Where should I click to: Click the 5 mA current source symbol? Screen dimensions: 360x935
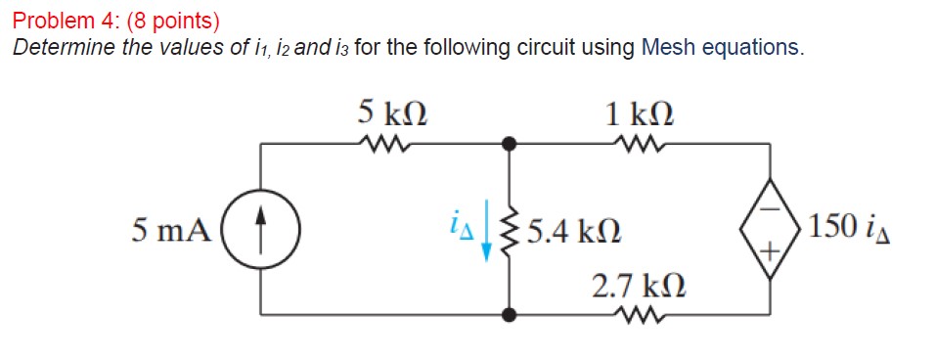pyautogui.click(x=261, y=231)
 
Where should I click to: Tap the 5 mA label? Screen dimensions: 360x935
pyautogui.click(x=170, y=231)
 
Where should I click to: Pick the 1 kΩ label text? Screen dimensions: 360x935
pyautogui.click(x=639, y=113)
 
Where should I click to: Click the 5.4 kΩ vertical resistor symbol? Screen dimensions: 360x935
pyautogui.click(x=508, y=231)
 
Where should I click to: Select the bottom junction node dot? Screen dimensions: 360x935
pyautogui.click(x=508, y=315)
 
